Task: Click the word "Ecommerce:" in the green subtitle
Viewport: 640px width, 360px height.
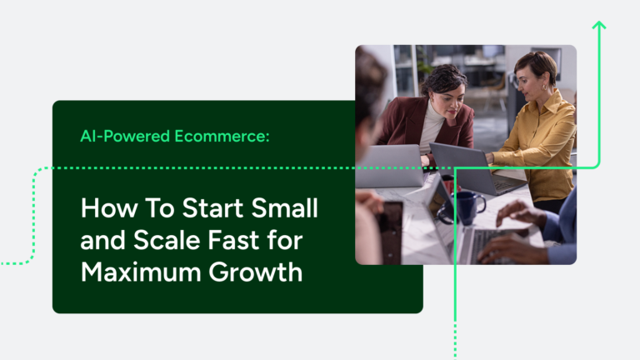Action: tap(227, 135)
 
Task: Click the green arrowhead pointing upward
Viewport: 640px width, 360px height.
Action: tap(597, 27)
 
